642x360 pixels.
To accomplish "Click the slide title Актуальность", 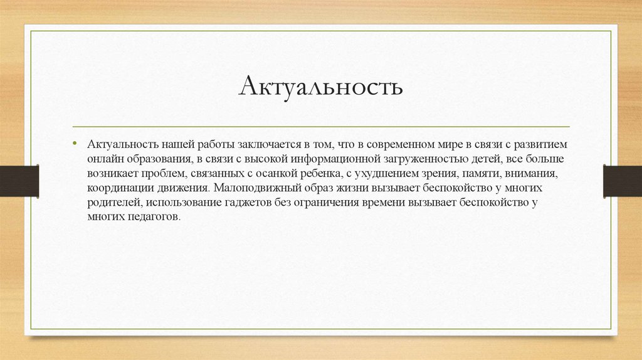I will coord(320,87).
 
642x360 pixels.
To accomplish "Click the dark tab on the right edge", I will coord(623,181).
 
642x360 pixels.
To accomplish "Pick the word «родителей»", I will coord(113,202).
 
